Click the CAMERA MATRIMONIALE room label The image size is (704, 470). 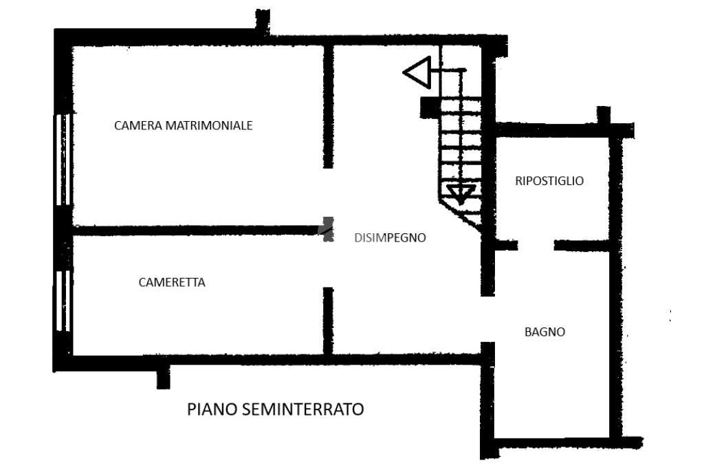[x=184, y=126]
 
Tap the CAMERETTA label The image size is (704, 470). [x=172, y=282]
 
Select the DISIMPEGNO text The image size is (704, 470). [x=390, y=238]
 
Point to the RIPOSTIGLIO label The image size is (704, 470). [x=549, y=181]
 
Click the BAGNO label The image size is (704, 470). [x=545, y=332]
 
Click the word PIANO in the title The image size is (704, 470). [x=212, y=409]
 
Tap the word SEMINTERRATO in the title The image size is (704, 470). [x=302, y=409]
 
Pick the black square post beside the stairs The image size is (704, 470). [x=429, y=106]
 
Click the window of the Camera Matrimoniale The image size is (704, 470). [x=63, y=160]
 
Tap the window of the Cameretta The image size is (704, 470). [x=63, y=301]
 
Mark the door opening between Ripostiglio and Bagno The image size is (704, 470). [x=536, y=245]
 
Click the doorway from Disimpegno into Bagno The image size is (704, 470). [x=487, y=319]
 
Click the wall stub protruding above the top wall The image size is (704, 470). [x=262, y=21]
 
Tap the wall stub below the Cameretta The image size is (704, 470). [x=163, y=378]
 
